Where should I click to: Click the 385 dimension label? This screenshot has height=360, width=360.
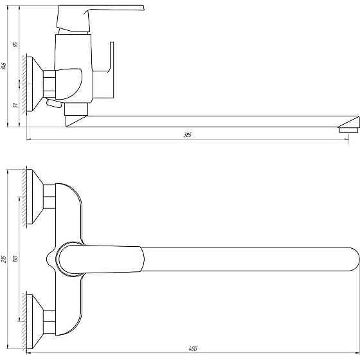pos(188,135)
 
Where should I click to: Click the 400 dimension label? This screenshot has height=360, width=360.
pos(193,349)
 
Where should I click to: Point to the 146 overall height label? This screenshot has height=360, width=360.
pos(4,66)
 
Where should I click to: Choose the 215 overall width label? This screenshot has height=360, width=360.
pos(4,259)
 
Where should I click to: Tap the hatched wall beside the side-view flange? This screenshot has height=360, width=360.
pos(22,84)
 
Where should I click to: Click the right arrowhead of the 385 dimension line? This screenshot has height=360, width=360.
pos(355,139)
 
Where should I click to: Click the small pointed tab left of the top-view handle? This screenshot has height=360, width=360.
pos(48,259)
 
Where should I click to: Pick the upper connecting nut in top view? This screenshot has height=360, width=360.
pos(50,197)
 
